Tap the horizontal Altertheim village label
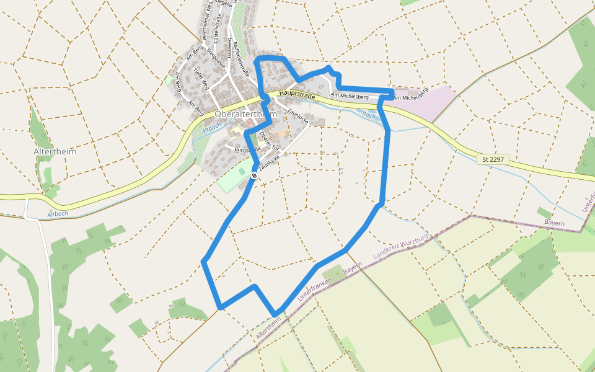[x=55, y=151]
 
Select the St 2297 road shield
[x=494, y=159]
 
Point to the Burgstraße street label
[x=247, y=149]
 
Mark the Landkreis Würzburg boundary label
[x=401, y=246]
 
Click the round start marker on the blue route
[x=254, y=176]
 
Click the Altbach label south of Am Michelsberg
[x=366, y=113]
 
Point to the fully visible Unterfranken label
[x=313, y=289]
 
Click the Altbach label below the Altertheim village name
[x=58, y=214]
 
